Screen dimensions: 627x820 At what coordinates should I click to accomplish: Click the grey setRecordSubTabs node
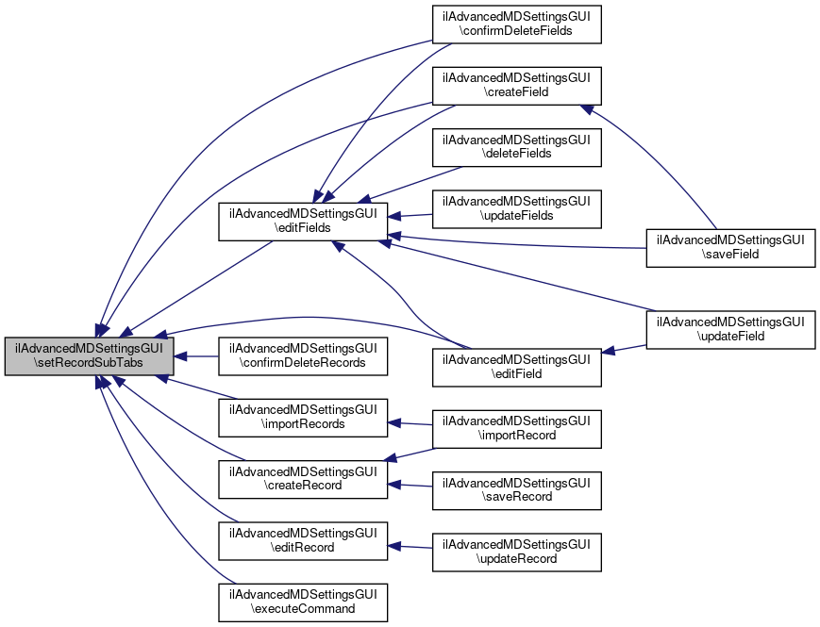(89, 355)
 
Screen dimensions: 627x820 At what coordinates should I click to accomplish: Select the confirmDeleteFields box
(517, 24)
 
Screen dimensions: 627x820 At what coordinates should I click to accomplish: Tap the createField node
(517, 85)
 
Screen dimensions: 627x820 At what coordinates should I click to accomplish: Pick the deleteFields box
(517, 146)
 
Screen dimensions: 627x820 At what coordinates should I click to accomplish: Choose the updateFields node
(517, 208)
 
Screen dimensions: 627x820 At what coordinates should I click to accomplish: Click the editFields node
(303, 220)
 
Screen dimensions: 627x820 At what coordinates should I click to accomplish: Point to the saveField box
(730, 248)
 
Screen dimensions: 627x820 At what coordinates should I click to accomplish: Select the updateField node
(730, 328)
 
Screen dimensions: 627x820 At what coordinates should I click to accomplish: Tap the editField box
(517, 367)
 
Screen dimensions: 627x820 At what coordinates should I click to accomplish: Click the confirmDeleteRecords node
(303, 355)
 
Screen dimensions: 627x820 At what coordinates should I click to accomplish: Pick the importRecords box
(303, 417)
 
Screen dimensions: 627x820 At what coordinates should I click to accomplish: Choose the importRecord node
(517, 428)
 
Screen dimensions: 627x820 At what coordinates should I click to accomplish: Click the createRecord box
(303, 478)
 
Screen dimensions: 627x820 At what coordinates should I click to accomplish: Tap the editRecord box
(303, 539)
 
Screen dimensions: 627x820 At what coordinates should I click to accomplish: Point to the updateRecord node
(517, 552)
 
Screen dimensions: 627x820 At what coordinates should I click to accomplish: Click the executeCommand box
(303, 602)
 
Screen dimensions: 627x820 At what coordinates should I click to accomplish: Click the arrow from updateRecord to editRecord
(410, 546)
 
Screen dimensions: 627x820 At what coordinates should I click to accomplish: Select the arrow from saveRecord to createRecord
(410, 485)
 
